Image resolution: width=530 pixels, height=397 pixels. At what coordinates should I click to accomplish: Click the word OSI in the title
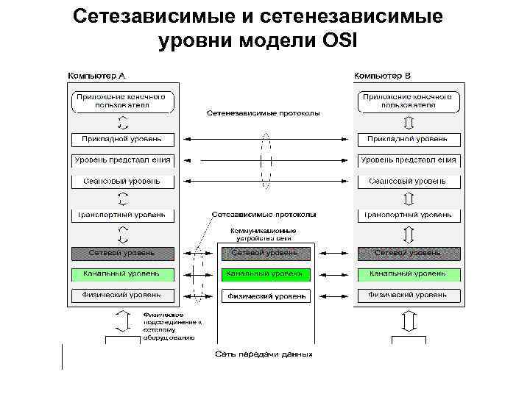click(x=339, y=41)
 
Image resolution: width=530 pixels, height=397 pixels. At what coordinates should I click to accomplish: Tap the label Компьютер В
click(x=383, y=76)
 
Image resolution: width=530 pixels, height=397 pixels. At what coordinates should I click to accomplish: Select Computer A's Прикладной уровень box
click(x=123, y=139)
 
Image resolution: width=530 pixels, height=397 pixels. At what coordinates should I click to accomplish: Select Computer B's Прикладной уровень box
click(x=409, y=139)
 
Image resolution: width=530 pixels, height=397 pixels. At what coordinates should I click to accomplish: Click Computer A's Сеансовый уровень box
click(x=123, y=181)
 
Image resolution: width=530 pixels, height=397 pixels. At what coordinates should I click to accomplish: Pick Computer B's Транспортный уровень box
click(x=409, y=215)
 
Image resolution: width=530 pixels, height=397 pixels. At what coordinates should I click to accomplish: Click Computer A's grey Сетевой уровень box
click(x=123, y=253)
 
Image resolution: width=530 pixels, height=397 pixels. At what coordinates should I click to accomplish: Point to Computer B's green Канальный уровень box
click(x=409, y=274)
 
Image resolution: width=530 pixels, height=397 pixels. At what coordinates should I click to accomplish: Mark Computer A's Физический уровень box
click(x=123, y=296)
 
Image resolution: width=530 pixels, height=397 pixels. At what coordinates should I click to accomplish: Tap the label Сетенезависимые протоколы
click(x=263, y=114)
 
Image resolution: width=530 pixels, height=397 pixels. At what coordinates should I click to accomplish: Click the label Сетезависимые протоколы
click(x=264, y=215)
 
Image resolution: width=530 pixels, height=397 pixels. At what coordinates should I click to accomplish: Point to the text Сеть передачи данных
click(x=264, y=354)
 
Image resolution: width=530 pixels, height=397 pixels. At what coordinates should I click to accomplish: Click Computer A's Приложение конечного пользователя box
click(x=123, y=101)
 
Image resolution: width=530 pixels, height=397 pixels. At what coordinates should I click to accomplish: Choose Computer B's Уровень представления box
click(x=409, y=160)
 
